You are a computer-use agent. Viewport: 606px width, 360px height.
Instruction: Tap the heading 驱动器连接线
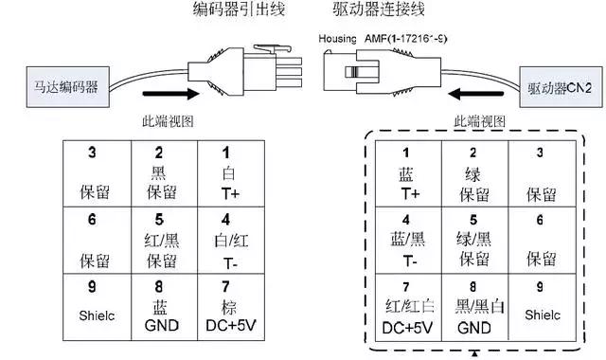point(372,12)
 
